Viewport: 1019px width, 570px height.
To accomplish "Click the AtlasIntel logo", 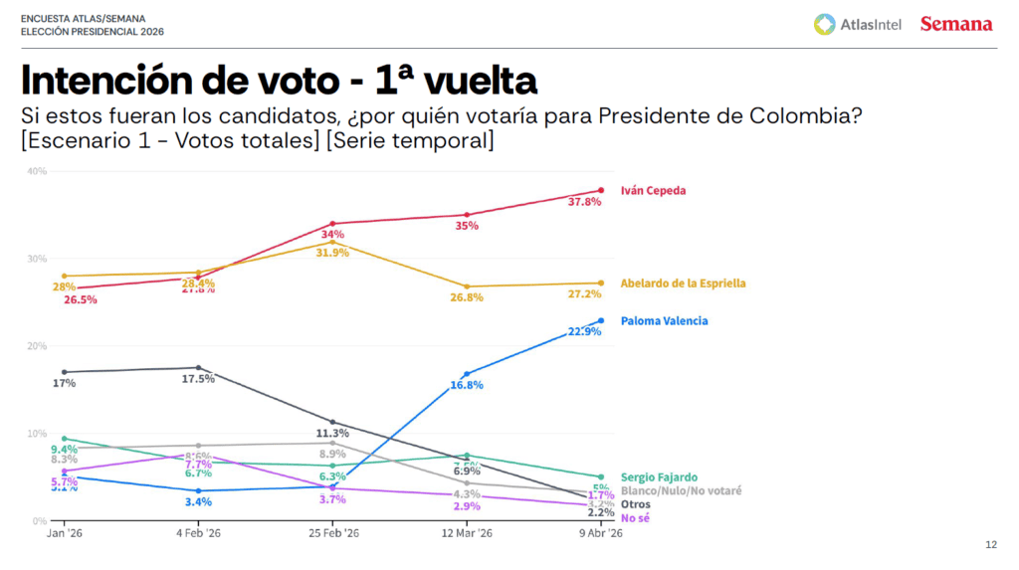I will (x=858, y=24).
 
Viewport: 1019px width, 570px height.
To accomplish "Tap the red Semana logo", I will (x=955, y=24).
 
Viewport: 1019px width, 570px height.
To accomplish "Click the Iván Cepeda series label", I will (x=653, y=190).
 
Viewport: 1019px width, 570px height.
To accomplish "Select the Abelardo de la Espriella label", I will (x=683, y=283).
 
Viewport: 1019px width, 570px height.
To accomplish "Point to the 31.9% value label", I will (x=332, y=253).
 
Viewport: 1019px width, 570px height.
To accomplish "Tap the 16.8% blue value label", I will (x=467, y=385).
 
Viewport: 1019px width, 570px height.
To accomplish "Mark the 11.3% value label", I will (x=332, y=434).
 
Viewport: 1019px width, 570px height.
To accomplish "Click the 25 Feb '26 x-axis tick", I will (x=332, y=534).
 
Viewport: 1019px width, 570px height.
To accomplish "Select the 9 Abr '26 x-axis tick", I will (x=601, y=534).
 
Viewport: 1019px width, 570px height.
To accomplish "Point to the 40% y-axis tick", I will (x=37, y=171).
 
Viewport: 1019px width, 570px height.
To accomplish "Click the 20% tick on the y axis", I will (x=37, y=346).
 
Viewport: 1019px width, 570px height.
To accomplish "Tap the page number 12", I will (x=990, y=544).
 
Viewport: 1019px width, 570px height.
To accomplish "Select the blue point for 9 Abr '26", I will (x=601, y=320).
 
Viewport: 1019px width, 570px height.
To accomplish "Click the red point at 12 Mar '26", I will (x=467, y=214).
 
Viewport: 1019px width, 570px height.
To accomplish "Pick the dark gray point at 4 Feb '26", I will (x=198, y=367).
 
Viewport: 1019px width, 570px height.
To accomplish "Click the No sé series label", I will (x=635, y=518).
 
